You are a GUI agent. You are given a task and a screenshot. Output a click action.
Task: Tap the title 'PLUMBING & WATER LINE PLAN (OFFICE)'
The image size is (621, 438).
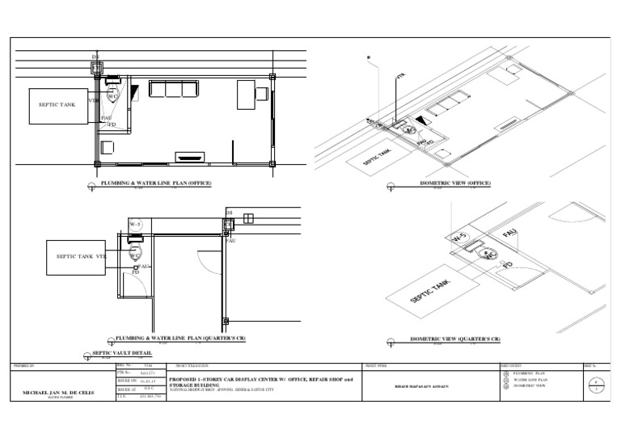(x=156, y=183)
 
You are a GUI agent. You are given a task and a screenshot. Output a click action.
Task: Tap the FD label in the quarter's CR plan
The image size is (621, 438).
(x=136, y=273)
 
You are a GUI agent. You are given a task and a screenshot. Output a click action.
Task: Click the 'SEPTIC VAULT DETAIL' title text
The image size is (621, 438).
(x=122, y=353)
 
